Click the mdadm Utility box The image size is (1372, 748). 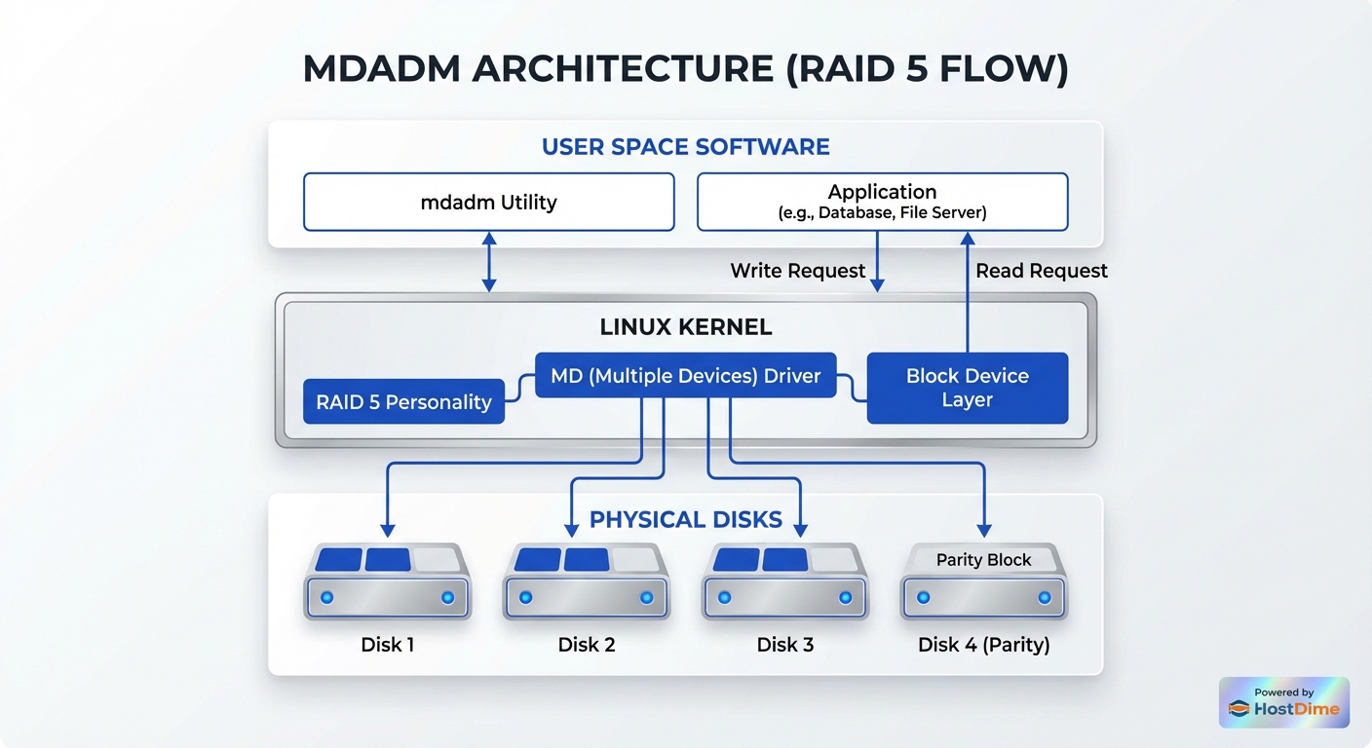pos(488,203)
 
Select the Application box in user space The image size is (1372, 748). pos(882,202)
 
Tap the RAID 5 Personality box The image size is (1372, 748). pos(403,401)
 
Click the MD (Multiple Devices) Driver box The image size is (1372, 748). pos(685,375)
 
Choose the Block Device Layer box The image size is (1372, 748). pos(967,388)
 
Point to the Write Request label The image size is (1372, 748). pos(797,271)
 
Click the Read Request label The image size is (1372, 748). pos(1041,271)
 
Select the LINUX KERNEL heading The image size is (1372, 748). pos(685,327)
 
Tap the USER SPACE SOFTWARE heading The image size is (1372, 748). pos(685,147)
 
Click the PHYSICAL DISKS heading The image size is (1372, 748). pos(685,520)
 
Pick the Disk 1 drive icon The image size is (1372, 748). pos(388,581)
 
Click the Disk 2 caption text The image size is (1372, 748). pos(586,645)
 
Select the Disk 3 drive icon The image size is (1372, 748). pos(784,581)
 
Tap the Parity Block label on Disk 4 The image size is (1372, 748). pos(983,560)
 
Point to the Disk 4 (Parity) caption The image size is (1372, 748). pos(983,645)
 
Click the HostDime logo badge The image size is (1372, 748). pos(1283,702)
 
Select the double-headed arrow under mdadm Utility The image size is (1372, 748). pos(489,262)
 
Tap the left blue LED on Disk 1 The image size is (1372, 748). pos(327,597)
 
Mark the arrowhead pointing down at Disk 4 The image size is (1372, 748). pos(984,530)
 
